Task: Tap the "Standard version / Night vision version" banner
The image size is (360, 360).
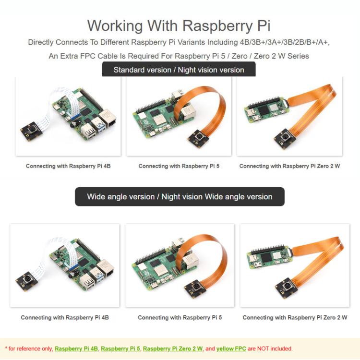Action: (x=179, y=70)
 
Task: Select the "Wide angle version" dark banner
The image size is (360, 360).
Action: (x=180, y=196)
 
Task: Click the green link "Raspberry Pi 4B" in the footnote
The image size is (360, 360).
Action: (x=76, y=348)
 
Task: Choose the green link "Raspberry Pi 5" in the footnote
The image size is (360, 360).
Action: (x=120, y=348)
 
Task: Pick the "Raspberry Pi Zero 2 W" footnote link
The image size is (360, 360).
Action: (x=173, y=348)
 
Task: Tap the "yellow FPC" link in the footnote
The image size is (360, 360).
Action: (x=231, y=348)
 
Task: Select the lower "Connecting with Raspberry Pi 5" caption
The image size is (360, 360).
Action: (x=180, y=317)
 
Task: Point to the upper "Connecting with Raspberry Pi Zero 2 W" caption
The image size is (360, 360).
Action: (x=289, y=166)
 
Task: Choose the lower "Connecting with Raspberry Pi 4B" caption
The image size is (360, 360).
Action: (x=65, y=317)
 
